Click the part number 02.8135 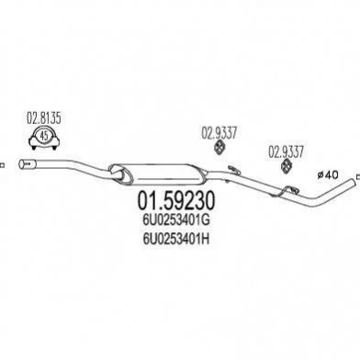pyautogui.click(x=44, y=118)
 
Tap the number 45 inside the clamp pyautogui.click(x=44, y=135)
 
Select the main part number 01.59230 pyautogui.click(x=176, y=200)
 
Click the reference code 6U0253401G pyautogui.click(x=175, y=220)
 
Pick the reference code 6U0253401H pyautogui.click(x=175, y=239)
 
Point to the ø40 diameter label pyautogui.click(x=328, y=174)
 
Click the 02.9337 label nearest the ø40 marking pyautogui.click(x=286, y=152)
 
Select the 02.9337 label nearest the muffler pyautogui.click(x=219, y=133)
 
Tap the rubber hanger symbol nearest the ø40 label pyautogui.click(x=287, y=165)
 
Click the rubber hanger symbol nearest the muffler pyautogui.click(x=219, y=146)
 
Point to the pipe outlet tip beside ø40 pyautogui.click(x=354, y=182)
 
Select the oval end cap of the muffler pyautogui.click(x=121, y=174)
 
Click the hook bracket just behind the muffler pyautogui.click(x=233, y=169)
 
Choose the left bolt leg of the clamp pyautogui.click(x=34, y=148)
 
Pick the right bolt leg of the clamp pyautogui.click(x=54, y=148)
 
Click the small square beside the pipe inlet pyautogui.click(x=2, y=165)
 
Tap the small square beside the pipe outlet pyautogui.click(x=358, y=176)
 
